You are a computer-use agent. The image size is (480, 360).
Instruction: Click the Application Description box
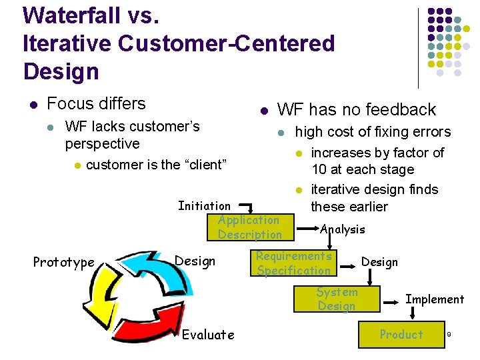[250, 227]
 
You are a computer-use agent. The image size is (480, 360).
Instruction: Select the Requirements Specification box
[294, 263]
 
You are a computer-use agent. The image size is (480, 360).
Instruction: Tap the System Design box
[337, 299]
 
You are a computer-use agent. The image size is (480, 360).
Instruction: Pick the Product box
[401, 335]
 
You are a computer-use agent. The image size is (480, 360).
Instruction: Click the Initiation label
[204, 206]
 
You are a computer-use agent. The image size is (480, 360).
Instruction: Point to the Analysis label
[343, 229]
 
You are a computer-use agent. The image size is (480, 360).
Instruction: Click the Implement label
[435, 299]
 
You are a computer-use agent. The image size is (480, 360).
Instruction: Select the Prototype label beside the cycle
[64, 263]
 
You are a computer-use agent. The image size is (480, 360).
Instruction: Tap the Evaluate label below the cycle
[208, 335]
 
